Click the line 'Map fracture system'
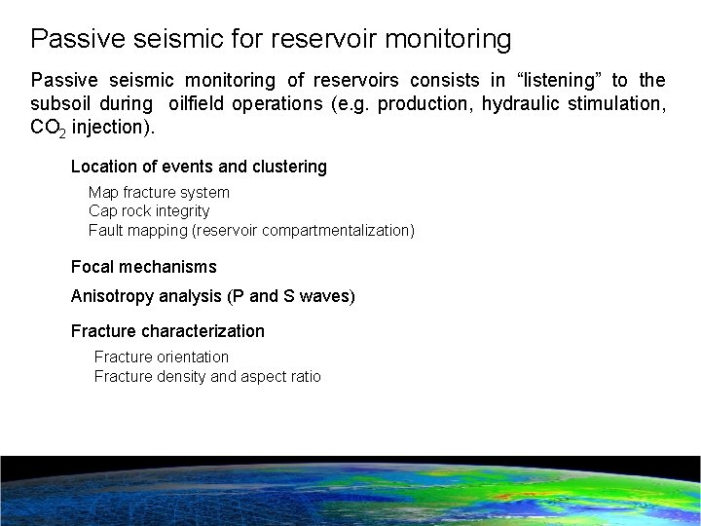point(159,193)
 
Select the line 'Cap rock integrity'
point(149,211)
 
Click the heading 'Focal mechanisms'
point(143,267)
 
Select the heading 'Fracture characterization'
point(167,331)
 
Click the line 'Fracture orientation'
point(161,357)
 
